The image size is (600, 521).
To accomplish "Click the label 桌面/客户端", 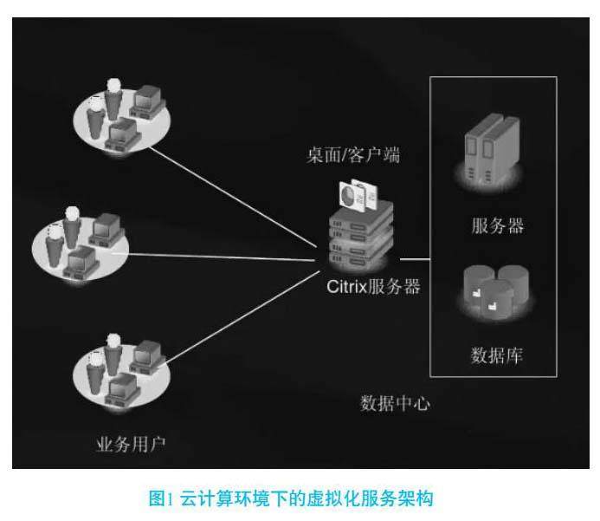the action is point(353,157).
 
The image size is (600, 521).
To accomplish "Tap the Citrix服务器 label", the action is point(372,286).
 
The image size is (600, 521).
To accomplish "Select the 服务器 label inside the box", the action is point(498,225).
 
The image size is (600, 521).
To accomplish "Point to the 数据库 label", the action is point(497,355).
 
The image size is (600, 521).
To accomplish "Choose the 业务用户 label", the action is point(129,446).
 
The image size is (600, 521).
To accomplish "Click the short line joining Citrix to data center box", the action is point(414,258).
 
